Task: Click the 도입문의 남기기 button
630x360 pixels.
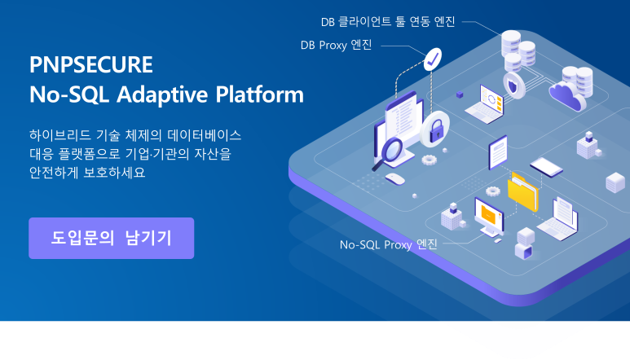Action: click(111, 238)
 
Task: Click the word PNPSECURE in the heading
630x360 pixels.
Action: click(90, 65)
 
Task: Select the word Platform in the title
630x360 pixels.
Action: click(260, 94)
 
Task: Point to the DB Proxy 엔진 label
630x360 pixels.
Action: click(336, 45)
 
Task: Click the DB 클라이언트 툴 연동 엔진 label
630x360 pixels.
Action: click(388, 20)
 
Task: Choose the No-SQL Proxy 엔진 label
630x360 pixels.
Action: click(389, 244)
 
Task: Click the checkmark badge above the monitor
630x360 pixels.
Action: click(433, 57)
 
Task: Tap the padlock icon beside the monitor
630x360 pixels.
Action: click(437, 128)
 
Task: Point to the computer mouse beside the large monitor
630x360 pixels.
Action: click(395, 178)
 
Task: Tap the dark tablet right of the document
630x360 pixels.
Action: click(546, 167)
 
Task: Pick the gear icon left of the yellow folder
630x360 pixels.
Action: click(492, 191)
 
